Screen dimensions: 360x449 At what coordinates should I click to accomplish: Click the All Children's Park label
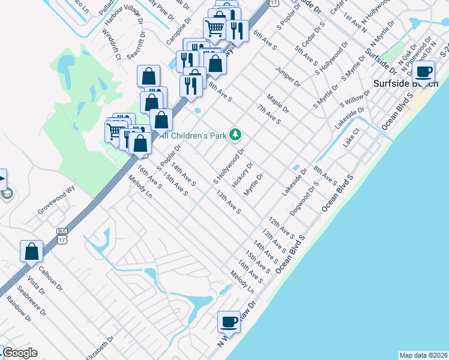[x=194, y=136]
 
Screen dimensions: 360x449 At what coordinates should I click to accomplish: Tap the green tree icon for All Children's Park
[x=237, y=134]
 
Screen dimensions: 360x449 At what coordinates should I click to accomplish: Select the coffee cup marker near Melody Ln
[x=228, y=322]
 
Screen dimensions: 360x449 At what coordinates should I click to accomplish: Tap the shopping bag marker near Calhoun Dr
[x=31, y=251]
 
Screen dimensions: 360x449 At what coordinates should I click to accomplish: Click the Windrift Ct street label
[x=112, y=44]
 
